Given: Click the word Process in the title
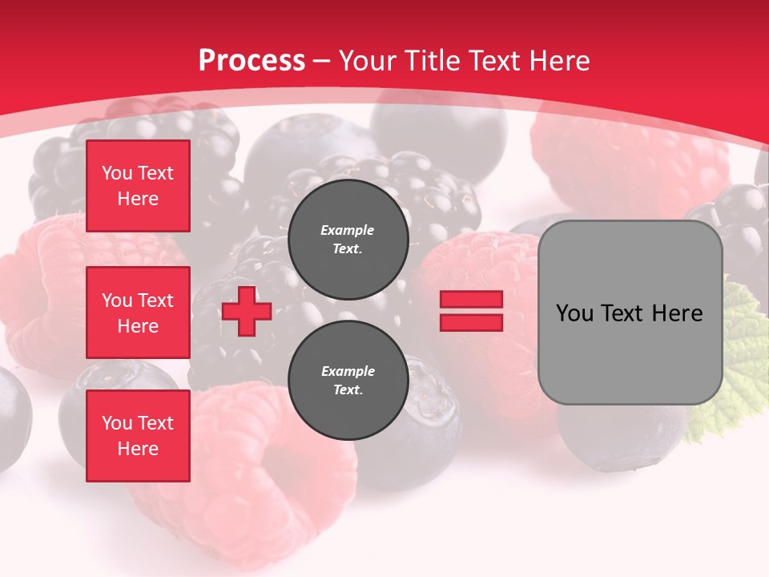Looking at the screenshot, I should click(x=252, y=61).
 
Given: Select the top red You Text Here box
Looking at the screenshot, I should click(x=138, y=186).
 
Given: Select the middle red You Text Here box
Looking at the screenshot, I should click(x=138, y=313).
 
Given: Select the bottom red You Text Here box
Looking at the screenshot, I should click(x=138, y=436).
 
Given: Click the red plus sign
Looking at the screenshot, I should click(x=247, y=312).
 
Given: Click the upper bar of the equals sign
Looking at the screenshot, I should click(x=471, y=299).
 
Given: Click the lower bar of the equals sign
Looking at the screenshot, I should click(x=471, y=323).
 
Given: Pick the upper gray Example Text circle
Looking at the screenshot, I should click(x=348, y=240).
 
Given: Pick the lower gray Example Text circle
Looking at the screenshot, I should click(x=348, y=381).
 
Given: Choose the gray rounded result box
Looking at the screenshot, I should click(x=630, y=313).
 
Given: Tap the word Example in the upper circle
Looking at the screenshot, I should click(x=348, y=231).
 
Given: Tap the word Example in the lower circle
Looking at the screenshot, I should click(x=348, y=372).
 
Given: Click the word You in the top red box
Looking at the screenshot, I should click(x=117, y=173).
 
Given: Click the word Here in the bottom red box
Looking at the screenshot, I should click(x=138, y=449).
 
